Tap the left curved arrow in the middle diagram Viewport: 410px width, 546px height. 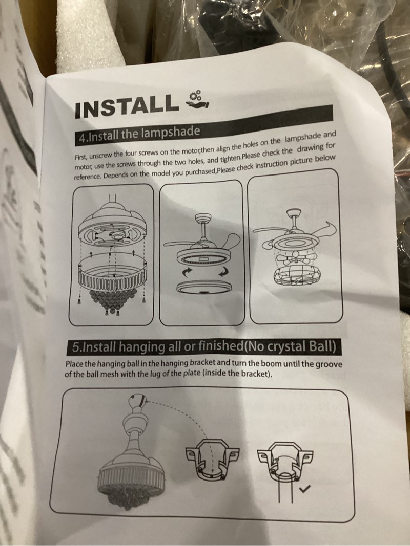[x=181, y=271]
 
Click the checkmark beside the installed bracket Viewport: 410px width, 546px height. [x=306, y=489]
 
